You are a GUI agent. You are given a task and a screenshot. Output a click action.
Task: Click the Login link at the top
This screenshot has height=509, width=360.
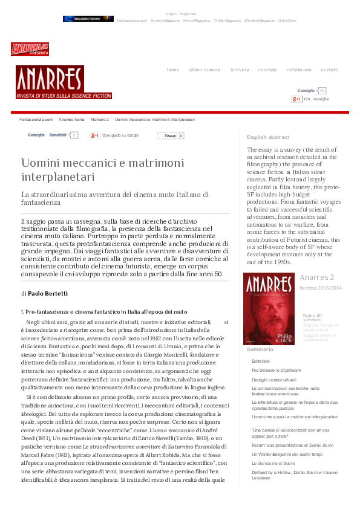click(x=171, y=13)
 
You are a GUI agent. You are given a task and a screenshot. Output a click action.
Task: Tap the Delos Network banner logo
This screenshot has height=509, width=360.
click(x=88, y=19)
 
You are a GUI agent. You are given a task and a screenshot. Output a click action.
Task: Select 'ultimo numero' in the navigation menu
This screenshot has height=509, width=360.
click(x=205, y=70)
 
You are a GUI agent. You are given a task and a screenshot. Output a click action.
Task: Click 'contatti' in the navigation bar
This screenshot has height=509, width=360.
click(x=330, y=70)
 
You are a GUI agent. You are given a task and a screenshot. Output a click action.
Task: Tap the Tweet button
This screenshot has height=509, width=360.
click(x=170, y=136)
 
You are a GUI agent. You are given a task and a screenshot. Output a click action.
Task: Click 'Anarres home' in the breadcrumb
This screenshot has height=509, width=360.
click(x=71, y=120)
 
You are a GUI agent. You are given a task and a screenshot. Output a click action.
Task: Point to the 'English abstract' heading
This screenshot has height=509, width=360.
click(x=268, y=137)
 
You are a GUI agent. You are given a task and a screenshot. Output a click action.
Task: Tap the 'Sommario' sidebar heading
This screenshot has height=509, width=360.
click(x=260, y=350)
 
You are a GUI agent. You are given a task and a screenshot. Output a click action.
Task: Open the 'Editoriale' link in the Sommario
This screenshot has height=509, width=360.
click(x=261, y=360)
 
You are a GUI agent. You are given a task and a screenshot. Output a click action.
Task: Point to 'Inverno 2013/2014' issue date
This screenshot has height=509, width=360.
click(x=320, y=288)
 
